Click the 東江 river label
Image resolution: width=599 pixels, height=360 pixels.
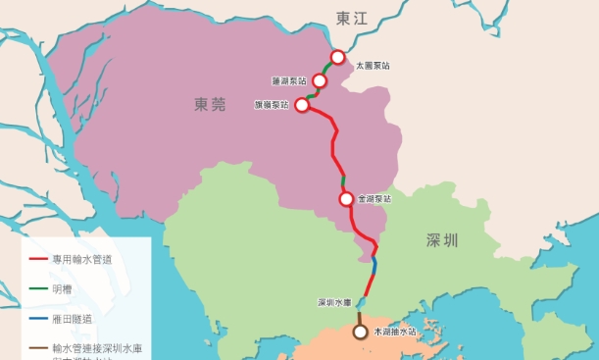(x=348, y=19)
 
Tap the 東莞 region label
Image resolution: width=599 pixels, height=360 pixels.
(x=210, y=102)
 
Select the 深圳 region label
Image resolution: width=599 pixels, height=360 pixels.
(x=443, y=239)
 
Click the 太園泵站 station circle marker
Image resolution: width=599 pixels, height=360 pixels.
(x=337, y=58)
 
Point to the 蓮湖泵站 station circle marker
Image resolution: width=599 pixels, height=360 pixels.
(x=320, y=80)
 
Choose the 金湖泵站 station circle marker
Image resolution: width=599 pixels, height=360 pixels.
(x=346, y=199)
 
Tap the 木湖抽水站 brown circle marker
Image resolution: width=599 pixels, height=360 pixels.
(x=361, y=332)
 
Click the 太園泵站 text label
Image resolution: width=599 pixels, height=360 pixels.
(x=373, y=66)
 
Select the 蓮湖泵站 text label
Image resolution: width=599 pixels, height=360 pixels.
(x=289, y=79)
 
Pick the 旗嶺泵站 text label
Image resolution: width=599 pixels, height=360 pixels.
(x=272, y=104)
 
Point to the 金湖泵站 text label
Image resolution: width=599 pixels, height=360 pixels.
(x=374, y=199)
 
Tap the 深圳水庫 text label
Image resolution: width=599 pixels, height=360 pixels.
(x=334, y=302)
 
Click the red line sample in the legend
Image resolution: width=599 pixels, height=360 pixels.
(x=37, y=261)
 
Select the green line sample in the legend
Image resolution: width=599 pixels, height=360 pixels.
(x=37, y=289)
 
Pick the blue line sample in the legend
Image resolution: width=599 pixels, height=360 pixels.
(x=37, y=318)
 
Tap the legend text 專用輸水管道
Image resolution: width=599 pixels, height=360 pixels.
(x=84, y=261)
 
